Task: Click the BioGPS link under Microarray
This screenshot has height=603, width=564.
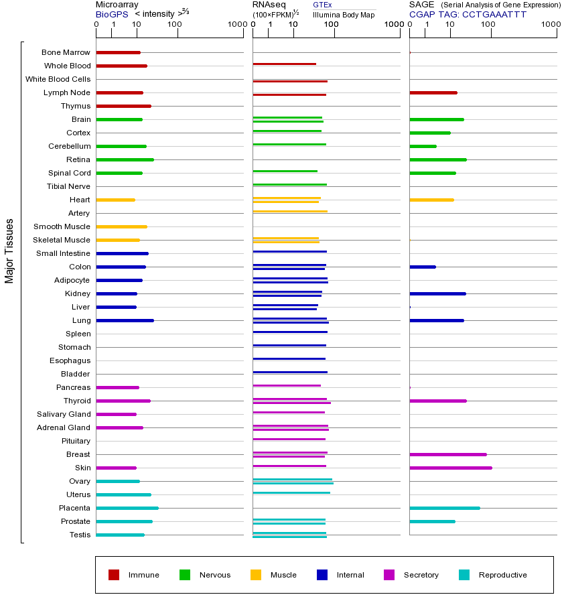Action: tap(111, 14)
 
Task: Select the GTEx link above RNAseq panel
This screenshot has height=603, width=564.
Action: tap(322, 5)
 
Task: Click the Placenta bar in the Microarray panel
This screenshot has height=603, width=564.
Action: tap(127, 508)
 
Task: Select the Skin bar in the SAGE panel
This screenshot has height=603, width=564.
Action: tap(450, 468)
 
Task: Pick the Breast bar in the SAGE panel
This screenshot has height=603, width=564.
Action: tap(447, 454)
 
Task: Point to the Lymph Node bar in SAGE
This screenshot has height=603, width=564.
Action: tap(433, 92)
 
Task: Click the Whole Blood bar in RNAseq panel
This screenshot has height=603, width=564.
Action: tap(284, 64)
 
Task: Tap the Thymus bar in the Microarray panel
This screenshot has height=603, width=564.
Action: tap(123, 106)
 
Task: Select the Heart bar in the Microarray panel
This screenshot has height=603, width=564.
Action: tap(115, 200)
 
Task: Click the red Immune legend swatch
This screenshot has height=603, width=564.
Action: tap(114, 575)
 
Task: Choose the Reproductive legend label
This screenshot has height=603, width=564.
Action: tap(502, 575)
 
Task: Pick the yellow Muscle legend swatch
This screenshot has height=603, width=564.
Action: tap(256, 575)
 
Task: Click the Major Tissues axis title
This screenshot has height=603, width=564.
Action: tap(9, 251)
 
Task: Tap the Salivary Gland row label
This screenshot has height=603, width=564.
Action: tap(64, 414)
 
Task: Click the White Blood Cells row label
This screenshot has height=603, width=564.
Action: tap(58, 79)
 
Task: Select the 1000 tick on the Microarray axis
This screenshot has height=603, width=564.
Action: tap(236, 25)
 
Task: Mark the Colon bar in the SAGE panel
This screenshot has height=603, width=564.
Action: tap(422, 267)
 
